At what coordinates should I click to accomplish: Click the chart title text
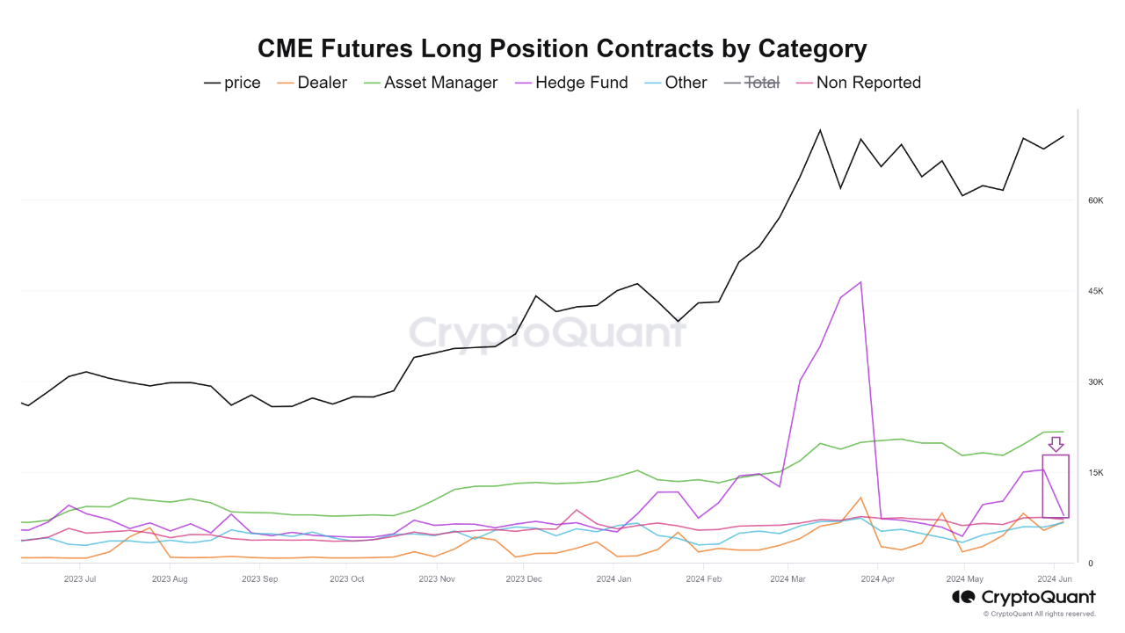pyautogui.click(x=562, y=48)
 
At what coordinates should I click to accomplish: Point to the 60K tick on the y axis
pyautogui.click(x=1095, y=200)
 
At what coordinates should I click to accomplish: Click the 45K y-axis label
pyautogui.click(x=1095, y=291)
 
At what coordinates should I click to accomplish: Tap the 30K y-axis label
pyautogui.click(x=1095, y=382)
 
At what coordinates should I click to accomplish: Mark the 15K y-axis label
pyautogui.click(x=1095, y=473)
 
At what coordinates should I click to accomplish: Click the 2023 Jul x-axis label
pyautogui.click(x=80, y=579)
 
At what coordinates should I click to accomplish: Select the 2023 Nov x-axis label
pyautogui.click(x=437, y=579)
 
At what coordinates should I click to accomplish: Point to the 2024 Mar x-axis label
pyautogui.click(x=787, y=579)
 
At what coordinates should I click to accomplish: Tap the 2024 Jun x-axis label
pyautogui.click(x=1053, y=579)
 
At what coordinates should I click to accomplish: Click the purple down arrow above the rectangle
pyautogui.click(x=1056, y=444)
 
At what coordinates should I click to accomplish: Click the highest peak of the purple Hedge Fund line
pyautogui.click(x=860, y=282)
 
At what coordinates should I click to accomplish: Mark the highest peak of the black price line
pyautogui.click(x=820, y=130)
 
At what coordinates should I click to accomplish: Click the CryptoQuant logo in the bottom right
pyautogui.click(x=1024, y=598)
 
